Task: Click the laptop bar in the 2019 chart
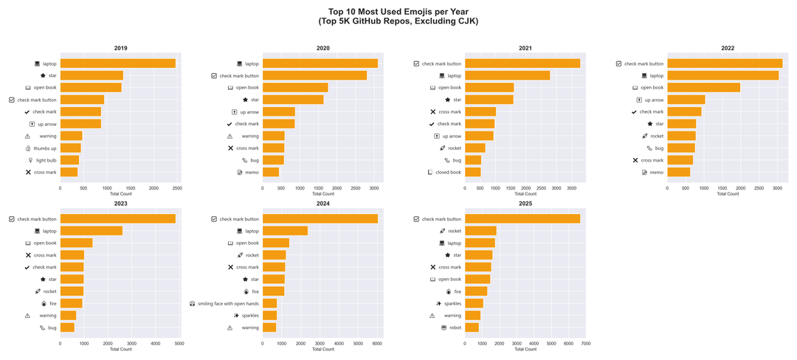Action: click(117, 63)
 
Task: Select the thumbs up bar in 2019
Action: click(70, 148)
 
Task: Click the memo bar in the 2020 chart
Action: click(270, 172)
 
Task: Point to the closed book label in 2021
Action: click(448, 172)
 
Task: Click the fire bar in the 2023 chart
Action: click(71, 303)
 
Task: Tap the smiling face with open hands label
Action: click(228, 303)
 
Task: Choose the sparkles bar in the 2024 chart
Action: click(269, 315)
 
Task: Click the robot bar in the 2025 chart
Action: click(472, 328)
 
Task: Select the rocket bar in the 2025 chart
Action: click(480, 231)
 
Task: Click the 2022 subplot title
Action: click(728, 48)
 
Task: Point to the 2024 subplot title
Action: click(322, 203)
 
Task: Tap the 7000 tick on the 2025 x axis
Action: click(585, 343)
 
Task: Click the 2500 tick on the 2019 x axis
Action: click(176, 188)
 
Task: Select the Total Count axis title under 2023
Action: click(120, 349)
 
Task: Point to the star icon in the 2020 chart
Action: click(246, 100)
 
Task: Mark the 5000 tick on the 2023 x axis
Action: click(179, 343)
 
